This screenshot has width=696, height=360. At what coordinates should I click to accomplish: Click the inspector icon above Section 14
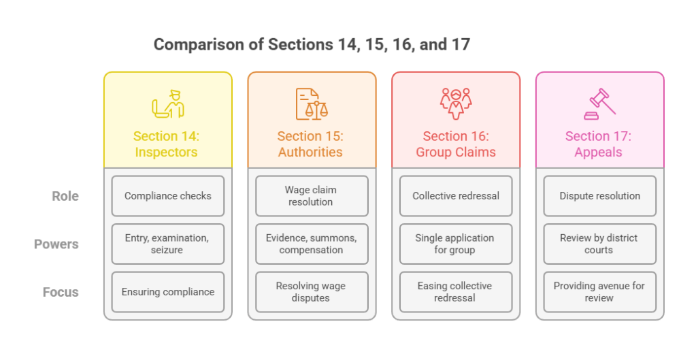pyautogui.click(x=167, y=104)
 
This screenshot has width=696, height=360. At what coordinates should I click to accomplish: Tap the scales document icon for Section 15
pyautogui.click(x=311, y=104)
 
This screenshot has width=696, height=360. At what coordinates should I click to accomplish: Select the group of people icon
pyautogui.click(x=455, y=104)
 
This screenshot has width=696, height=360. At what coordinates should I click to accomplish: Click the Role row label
pyautogui.click(x=65, y=196)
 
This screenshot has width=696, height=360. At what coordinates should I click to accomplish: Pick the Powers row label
pyautogui.click(x=56, y=244)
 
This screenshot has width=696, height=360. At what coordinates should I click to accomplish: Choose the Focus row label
pyautogui.click(x=61, y=292)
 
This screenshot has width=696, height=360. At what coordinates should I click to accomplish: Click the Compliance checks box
pyautogui.click(x=167, y=196)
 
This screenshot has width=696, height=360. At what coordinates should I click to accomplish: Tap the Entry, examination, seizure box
pyautogui.click(x=167, y=244)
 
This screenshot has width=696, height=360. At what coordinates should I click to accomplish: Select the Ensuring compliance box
pyautogui.click(x=167, y=292)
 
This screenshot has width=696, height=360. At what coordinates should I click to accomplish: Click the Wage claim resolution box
pyautogui.click(x=311, y=196)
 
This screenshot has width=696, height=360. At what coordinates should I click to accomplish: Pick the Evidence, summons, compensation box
pyautogui.click(x=311, y=244)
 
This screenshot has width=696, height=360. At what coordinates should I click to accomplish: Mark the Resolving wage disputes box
pyautogui.click(x=311, y=292)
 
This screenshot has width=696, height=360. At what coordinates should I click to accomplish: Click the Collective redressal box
pyautogui.click(x=455, y=196)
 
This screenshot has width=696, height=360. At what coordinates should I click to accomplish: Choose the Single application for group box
pyautogui.click(x=455, y=244)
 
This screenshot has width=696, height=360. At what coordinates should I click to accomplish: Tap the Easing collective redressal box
pyautogui.click(x=455, y=292)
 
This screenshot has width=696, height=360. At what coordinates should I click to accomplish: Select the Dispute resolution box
pyautogui.click(x=599, y=196)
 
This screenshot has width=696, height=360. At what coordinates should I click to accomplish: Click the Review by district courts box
pyautogui.click(x=599, y=244)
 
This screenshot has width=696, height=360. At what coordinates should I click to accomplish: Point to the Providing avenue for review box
pyautogui.click(x=599, y=292)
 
